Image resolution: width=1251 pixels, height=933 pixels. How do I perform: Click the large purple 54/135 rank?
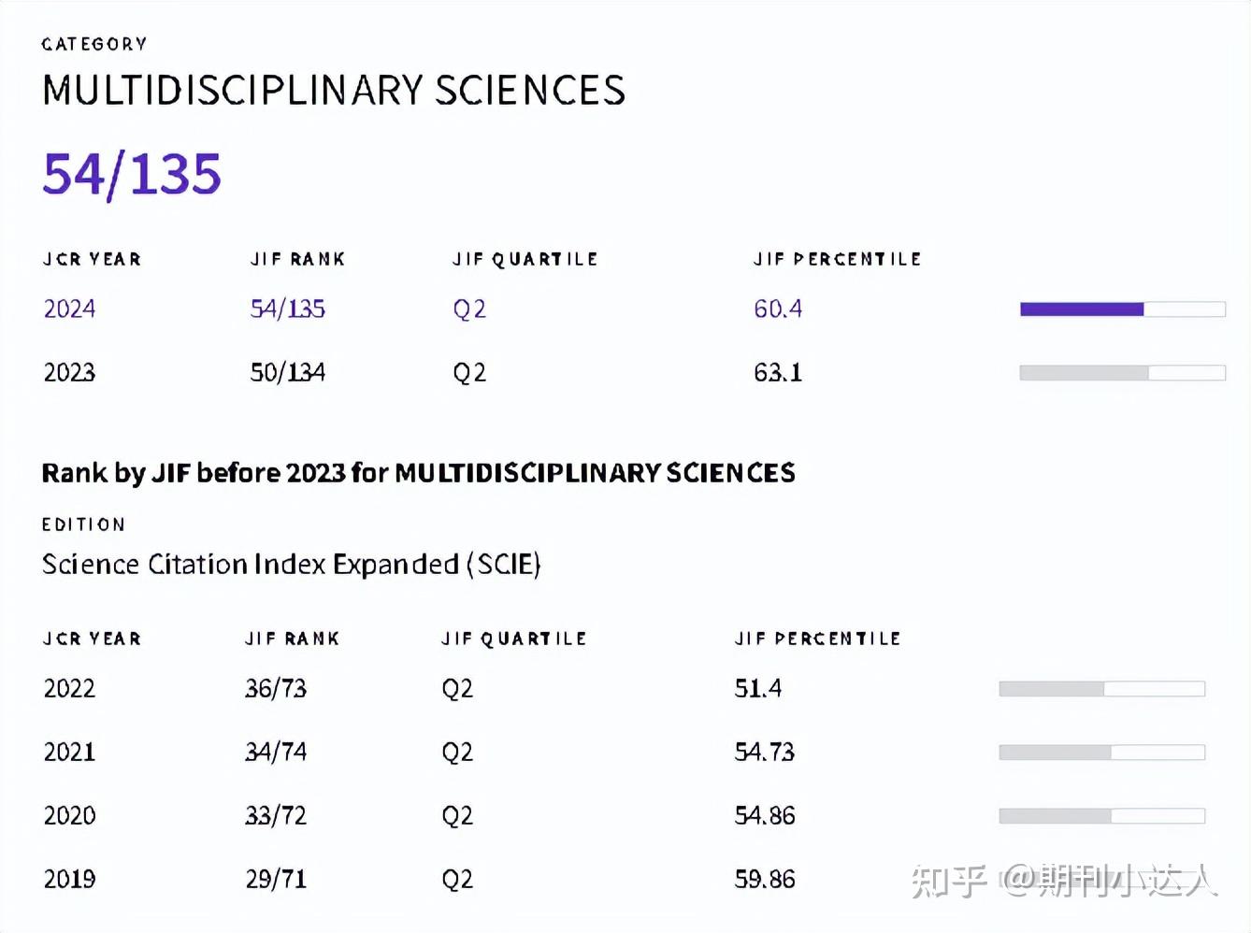click(x=132, y=175)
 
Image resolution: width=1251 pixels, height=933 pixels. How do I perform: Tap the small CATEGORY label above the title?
click(x=94, y=45)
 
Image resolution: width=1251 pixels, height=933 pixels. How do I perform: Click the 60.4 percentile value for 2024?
click(x=778, y=309)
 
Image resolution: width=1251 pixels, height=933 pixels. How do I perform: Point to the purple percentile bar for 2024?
click(x=1082, y=309)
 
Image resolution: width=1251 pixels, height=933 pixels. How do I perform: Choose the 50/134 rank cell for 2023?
click(x=288, y=372)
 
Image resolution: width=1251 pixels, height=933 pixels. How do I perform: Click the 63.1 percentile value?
click(x=778, y=372)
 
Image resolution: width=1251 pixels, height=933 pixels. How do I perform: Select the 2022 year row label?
click(x=69, y=689)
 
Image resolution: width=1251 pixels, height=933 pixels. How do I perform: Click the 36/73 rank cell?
click(x=276, y=689)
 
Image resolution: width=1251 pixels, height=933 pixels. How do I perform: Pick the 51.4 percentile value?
click(x=758, y=689)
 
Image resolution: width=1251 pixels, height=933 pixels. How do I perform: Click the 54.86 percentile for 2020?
click(x=765, y=815)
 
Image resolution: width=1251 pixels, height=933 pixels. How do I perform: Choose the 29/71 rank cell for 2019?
click(x=276, y=880)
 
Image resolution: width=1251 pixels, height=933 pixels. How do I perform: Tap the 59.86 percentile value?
click(x=765, y=880)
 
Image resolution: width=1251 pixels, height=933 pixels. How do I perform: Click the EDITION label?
click(x=83, y=524)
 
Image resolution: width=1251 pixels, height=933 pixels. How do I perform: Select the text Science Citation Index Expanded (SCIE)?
click(x=291, y=565)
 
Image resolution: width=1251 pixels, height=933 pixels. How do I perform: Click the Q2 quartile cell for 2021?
click(x=457, y=753)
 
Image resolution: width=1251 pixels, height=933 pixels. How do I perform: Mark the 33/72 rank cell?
click(x=276, y=815)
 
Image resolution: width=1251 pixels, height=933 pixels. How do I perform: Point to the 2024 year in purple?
click(x=69, y=309)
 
